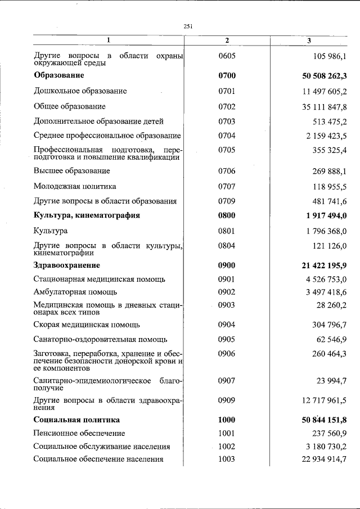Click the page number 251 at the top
pos(188,25)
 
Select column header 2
pos(227,40)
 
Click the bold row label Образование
pos(59,75)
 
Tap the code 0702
pos(227,106)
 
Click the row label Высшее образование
pos(71,171)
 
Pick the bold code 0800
pos(227,215)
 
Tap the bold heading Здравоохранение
pos(67,265)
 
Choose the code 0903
pos(227,305)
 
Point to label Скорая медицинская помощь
pos(87,325)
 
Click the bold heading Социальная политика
pos(76,420)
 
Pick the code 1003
pos(227,459)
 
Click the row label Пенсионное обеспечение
pos(79,433)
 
